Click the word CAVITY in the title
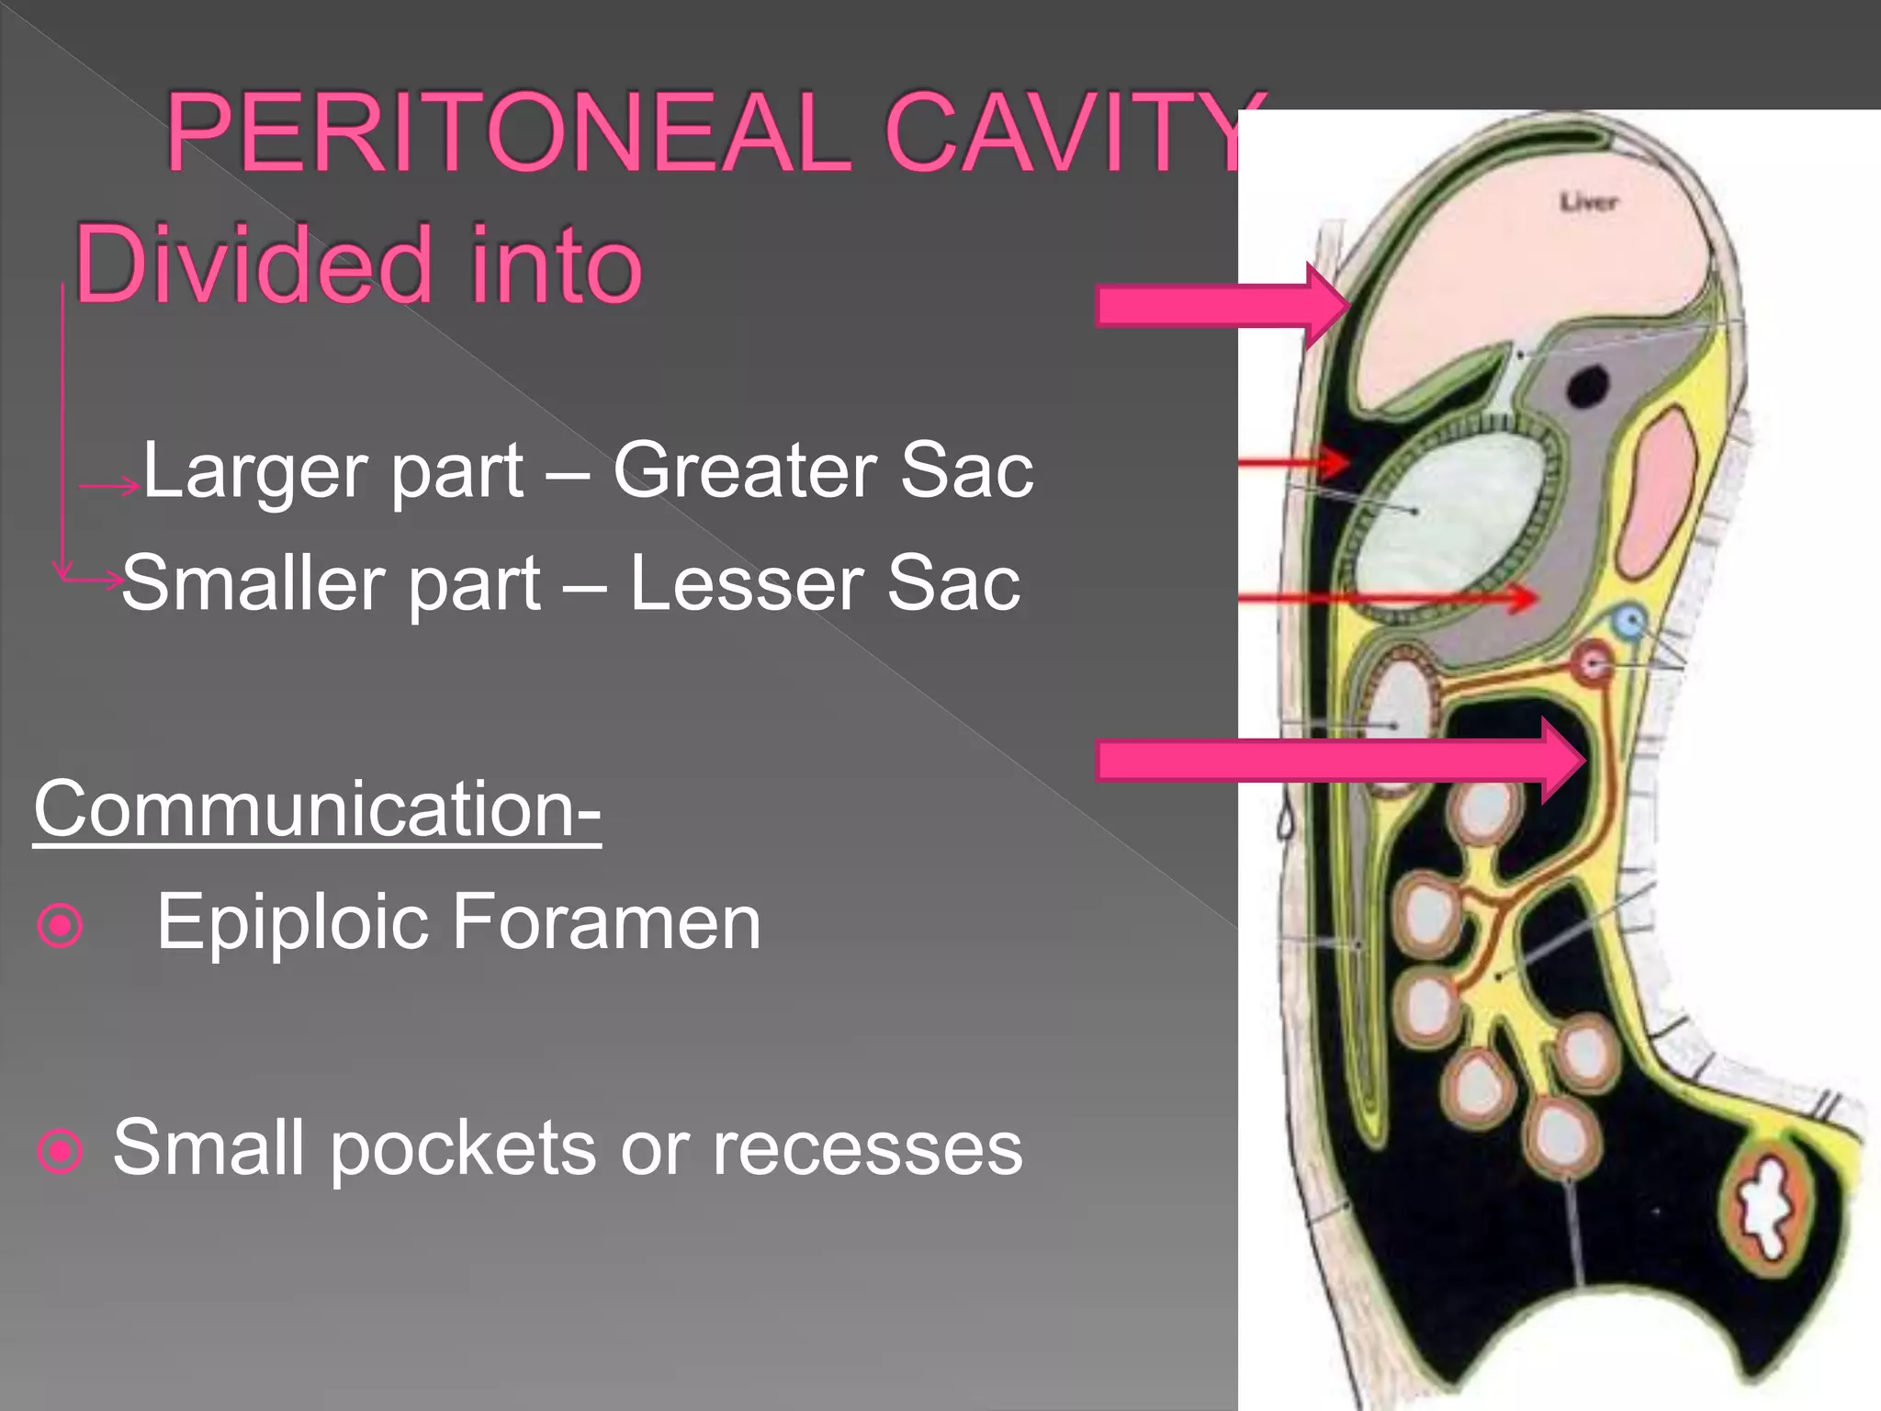point(1075,134)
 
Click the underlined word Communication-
point(317,808)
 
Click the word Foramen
point(606,921)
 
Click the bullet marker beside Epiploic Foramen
point(61,925)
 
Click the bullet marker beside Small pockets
point(61,1151)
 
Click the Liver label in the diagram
point(1589,202)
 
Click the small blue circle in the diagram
point(1629,622)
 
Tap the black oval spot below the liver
point(1588,385)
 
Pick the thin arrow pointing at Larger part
point(108,486)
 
